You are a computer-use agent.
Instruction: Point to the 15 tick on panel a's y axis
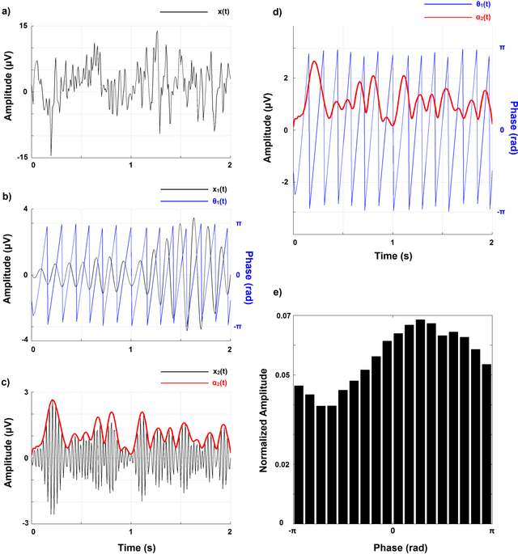click(x=23, y=26)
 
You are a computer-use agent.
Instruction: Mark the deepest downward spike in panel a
click(x=51, y=154)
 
